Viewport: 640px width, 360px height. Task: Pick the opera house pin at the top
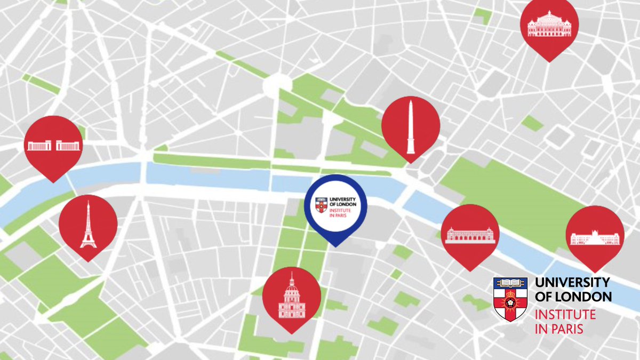[549, 24]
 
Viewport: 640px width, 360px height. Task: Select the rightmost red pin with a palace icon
[595, 235]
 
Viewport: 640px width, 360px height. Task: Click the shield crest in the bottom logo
[510, 299]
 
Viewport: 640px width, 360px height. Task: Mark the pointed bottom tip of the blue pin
[335, 245]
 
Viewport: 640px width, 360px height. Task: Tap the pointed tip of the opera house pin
[549, 61]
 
